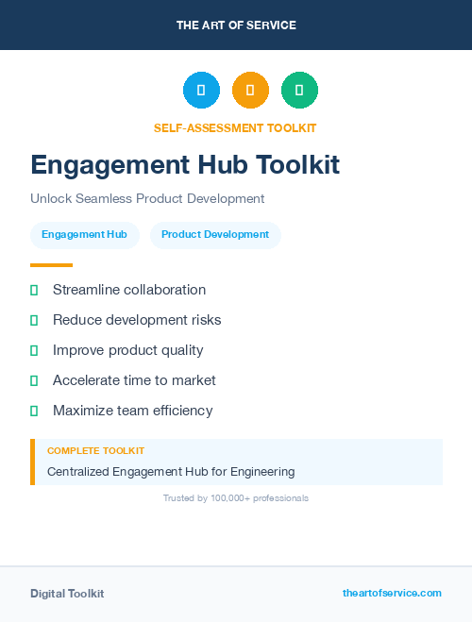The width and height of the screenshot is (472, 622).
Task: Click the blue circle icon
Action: pyautogui.click(x=201, y=90)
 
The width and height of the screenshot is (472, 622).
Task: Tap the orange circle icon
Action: pyautogui.click(x=250, y=90)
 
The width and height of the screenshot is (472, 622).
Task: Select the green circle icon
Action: pyautogui.click(x=299, y=90)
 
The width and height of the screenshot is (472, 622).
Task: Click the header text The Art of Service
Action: pyautogui.click(x=236, y=25)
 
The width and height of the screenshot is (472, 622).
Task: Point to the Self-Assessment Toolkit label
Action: pyautogui.click(x=235, y=127)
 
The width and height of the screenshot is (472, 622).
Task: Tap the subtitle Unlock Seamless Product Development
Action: pyautogui.click(x=147, y=198)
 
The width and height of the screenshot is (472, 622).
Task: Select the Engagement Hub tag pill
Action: pyautogui.click(x=84, y=234)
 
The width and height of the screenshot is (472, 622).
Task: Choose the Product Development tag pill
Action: pyautogui.click(x=215, y=234)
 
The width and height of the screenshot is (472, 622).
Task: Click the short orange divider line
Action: pyautogui.click(x=51, y=265)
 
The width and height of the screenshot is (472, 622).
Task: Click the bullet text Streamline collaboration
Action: pyautogui.click(x=129, y=290)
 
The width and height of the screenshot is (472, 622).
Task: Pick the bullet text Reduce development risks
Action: pyautogui.click(x=137, y=320)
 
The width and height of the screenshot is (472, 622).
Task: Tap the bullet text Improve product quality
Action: pyautogui.click(x=128, y=350)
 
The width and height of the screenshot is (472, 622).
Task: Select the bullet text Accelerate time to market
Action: pyautogui.click(x=134, y=380)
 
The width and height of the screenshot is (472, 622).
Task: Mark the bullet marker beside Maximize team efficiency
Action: pyautogui.click(x=34, y=411)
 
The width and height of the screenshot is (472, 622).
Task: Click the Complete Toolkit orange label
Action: pyautogui.click(x=95, y=451)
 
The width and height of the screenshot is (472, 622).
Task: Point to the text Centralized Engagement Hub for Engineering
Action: pyautogui.click(x=171, y=471)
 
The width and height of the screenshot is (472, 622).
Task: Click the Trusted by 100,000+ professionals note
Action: pyautogui.click(x=236, y=497)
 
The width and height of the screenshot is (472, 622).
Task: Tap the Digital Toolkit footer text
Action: pyautogui.click(x=67, y=594)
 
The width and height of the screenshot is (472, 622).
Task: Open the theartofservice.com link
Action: pyautogui.click(x=392, y=593)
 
